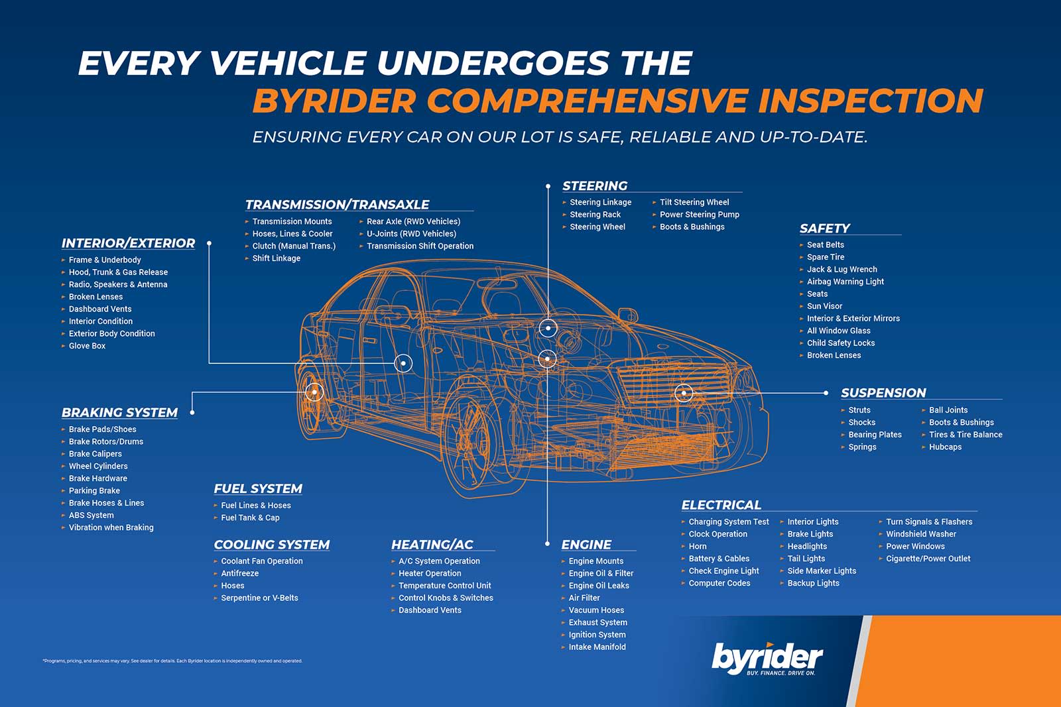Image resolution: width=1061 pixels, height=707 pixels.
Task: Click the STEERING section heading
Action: (595, 186)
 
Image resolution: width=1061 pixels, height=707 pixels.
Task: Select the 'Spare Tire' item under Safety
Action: (826, 257)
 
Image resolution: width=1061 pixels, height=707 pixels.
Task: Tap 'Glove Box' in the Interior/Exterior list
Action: (87, 346)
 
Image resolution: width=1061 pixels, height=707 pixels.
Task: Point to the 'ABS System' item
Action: (91, 516)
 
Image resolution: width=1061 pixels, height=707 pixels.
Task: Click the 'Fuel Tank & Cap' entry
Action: (250, 518)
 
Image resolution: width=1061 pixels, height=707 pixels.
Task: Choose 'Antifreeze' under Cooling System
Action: (239, 574)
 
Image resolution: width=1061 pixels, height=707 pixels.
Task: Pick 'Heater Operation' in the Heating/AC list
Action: (430, 574)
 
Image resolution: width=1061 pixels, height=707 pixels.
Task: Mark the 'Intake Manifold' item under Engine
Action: (597, 647)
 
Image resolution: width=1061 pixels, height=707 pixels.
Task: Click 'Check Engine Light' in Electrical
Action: (723, 571)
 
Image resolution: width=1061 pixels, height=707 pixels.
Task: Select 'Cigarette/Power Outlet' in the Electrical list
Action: (928, 559)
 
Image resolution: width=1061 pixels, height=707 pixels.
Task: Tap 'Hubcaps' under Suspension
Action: (945, 447)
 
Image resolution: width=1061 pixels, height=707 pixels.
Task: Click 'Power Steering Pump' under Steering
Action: (699, 215)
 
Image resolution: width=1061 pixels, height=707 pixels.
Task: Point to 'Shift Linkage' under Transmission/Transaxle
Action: (276, 258)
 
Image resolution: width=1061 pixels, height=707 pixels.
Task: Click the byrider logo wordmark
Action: (767, 658)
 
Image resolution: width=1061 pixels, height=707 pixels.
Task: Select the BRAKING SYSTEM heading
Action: (119, 413)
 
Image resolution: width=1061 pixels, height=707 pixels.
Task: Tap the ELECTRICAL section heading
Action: (721, 505)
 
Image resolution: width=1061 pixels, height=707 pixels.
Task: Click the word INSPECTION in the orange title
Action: (870, 101)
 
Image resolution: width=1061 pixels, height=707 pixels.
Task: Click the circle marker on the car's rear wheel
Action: (315, 392)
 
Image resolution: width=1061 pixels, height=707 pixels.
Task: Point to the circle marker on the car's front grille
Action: (683, 393)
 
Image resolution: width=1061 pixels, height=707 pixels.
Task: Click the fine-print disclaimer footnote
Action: (172, 661)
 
